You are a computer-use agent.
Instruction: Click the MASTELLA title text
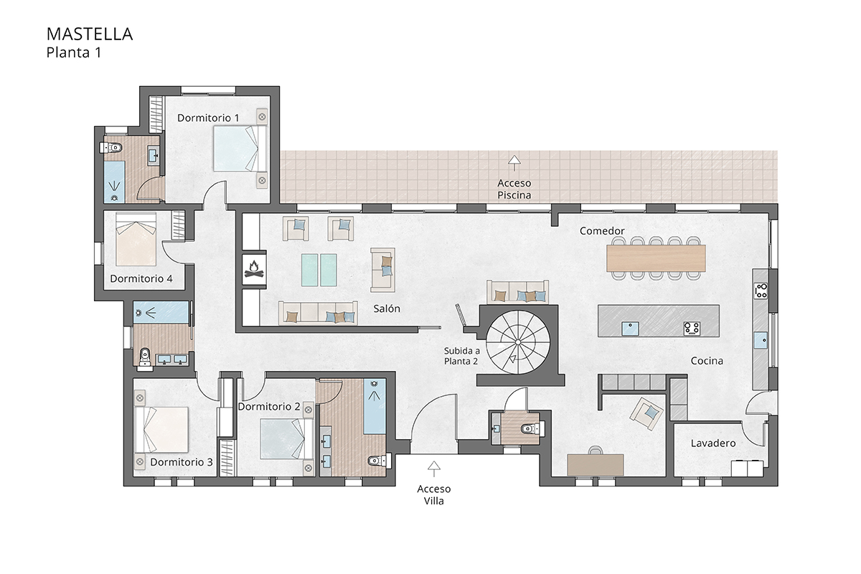(90, 34)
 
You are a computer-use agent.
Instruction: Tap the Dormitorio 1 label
(208, 117)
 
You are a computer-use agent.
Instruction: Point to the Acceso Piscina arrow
(514, 161)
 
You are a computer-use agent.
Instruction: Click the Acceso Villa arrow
(433, 469)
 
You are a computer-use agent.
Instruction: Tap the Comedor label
(602, 231)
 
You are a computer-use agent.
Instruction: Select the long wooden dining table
(656, 258)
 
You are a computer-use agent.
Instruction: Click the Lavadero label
(713, 443)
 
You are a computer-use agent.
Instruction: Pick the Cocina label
(707, 361)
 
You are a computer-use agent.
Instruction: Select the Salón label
(387, 309)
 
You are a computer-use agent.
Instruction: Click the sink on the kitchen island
(631, 329)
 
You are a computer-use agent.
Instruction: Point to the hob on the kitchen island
(692, 328)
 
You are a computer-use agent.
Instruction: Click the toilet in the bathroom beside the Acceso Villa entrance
(531, 429)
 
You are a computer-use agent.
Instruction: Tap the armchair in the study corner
(648, 413)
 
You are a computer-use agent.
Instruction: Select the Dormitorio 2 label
(268, 406)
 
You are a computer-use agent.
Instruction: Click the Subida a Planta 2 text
(461, 356)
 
